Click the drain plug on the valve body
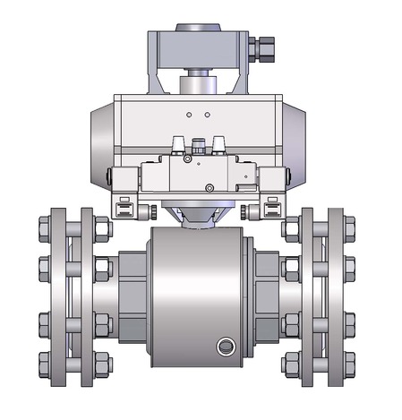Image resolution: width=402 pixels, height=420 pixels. (x=223, y=346)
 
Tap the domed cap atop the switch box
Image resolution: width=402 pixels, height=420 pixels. (x=198, y=30)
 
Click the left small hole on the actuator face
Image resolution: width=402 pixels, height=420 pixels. (x=189, y=115)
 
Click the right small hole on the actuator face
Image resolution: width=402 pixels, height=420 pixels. (x=207, y=115)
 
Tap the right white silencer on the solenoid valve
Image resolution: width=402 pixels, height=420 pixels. (x=217, y=143)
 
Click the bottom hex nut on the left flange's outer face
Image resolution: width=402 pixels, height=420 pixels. (x=45, y=363)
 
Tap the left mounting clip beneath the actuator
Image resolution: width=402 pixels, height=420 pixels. (x=124, y=210)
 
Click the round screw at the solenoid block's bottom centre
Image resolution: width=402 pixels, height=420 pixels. (x=210, y=187)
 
